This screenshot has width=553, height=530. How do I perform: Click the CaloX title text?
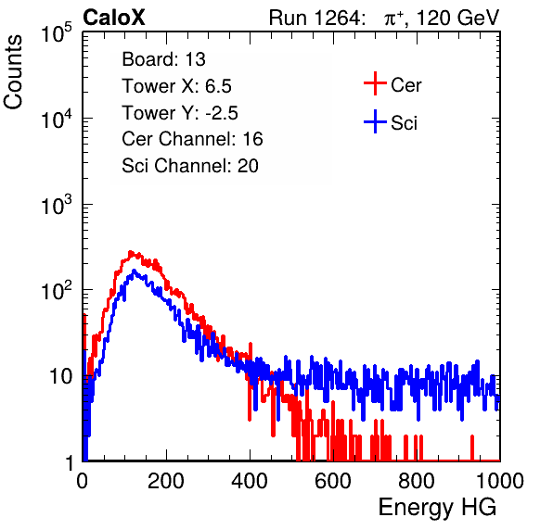113,18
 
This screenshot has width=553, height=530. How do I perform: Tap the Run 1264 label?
315,18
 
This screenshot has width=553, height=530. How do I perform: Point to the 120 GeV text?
458,18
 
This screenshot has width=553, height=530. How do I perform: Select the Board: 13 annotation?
163,59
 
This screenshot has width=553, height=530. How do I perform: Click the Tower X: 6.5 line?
176,86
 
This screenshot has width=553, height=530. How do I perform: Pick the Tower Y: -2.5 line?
180,113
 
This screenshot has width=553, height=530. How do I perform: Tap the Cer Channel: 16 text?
192,139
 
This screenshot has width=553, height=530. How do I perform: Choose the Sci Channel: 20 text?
190,166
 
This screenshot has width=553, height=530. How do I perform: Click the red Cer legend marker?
375,83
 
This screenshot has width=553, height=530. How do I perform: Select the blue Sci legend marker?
375,121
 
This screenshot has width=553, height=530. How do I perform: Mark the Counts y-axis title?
13,72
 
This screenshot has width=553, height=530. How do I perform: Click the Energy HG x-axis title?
437,507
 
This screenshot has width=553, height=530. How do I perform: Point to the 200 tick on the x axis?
166,481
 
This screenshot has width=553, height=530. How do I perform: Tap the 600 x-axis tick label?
333,481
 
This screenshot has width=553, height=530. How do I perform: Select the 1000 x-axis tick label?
500,481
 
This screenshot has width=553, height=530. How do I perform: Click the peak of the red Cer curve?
131,252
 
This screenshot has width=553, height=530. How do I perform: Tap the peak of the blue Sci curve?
134,271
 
